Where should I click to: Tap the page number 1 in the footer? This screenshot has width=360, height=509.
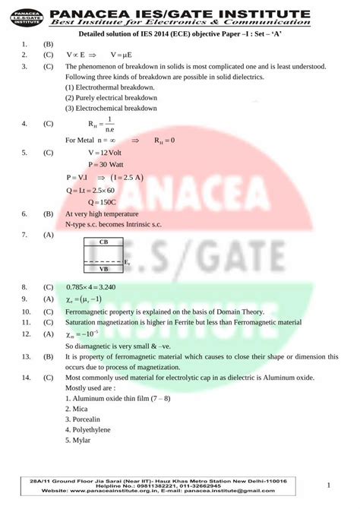click(x=329, y=484)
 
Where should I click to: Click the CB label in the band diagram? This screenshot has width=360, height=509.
click(x=103, y=242)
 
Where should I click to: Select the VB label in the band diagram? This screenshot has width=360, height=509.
click(x=103, y=268)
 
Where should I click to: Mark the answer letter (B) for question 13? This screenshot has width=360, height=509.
click(x=48, y=356)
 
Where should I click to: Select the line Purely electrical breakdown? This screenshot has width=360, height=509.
click(x=111, y=98)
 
